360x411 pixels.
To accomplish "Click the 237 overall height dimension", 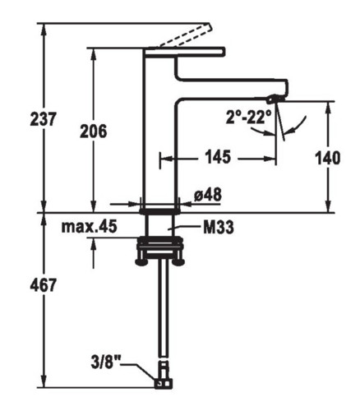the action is pyautogui.click(x=43, y=118).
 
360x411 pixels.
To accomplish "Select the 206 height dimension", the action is pyautogui.click(x=94, y=131).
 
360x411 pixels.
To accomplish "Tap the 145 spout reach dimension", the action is pyautogui.click(x=218, y=157).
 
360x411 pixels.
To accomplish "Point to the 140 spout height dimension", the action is pyautogui.click(x=328, y=158).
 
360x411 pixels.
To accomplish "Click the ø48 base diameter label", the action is pyautogui.click(x=208, y=196).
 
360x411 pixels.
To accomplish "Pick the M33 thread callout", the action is pyautogui.click(x=219, y=228).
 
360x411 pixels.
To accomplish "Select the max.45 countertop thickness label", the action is pyautogui.click(x=90, y=227).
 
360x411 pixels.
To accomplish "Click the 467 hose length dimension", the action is pyautogui.click(x=43, y=285).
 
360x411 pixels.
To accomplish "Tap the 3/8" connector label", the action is pyautogui.click(x=106, y=363).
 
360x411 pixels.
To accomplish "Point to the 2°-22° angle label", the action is pyautogui.click(x=249, y=117).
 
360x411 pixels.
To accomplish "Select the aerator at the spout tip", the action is pyautogui.click(x=273, y=99).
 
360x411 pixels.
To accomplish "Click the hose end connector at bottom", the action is pyautogui.click(x=164, y=384).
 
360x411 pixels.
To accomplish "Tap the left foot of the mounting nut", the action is pyautogui.click(x=141, y=262).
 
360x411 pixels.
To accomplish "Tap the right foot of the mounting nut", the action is pyautogui.click(x=178, y=262).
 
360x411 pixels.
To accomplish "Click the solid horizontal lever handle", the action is pyautogui.click(x=185, y=52).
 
